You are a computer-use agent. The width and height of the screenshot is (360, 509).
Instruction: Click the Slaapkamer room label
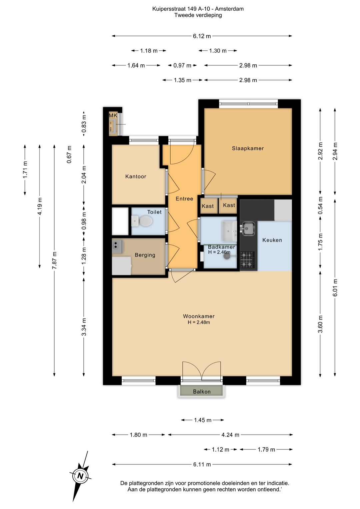coord(248,148)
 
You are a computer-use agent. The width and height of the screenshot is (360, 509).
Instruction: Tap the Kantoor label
coord(136,176)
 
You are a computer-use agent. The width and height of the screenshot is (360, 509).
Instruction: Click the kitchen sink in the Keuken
coord(248,228)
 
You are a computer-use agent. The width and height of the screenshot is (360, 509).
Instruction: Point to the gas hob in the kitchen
coord(247,260)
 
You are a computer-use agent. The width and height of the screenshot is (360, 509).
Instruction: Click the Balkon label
coord(202,392)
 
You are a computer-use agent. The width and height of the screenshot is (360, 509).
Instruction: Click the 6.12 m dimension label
coord(202,36)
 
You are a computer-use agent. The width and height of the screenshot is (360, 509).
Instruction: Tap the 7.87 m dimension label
coord(54,261)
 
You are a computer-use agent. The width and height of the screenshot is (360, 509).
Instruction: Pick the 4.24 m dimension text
coord(230,435)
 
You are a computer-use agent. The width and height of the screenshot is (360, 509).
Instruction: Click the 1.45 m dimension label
coord(203,420)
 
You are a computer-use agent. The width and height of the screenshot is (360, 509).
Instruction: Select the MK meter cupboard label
coord(113,115)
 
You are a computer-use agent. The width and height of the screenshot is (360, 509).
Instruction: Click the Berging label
coord(145,255)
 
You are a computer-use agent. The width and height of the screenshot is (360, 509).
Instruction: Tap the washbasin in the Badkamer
coord(229,230)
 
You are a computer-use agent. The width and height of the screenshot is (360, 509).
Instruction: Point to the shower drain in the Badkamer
coord(226,256)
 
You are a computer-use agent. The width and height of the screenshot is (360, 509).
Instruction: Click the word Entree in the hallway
coord(184,198)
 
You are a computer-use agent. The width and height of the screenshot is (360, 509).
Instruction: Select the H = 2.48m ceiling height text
coord(199,322)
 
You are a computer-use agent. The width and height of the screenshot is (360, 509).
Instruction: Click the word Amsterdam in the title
coord(229,9)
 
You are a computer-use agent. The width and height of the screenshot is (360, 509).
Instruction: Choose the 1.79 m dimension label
coord(266,450)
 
